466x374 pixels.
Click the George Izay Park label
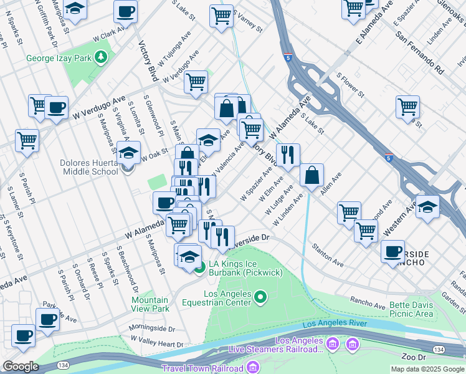[x=59, y=59]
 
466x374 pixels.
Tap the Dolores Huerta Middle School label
[x=88, y=167]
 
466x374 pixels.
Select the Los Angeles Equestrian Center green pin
[x=261, y=297]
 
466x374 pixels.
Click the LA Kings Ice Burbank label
[x=245, y=269]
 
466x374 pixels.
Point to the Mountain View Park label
[x=150, y=304]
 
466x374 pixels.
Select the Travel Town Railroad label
[x=202, y=368]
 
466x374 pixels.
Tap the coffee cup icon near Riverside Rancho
[x=392, y=251]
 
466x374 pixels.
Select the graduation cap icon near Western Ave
[x=427, y=207]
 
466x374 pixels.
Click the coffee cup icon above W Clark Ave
[x=125, y=11]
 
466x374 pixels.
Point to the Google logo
[x=20, y=367]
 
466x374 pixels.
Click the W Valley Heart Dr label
[x=157, y=341]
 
